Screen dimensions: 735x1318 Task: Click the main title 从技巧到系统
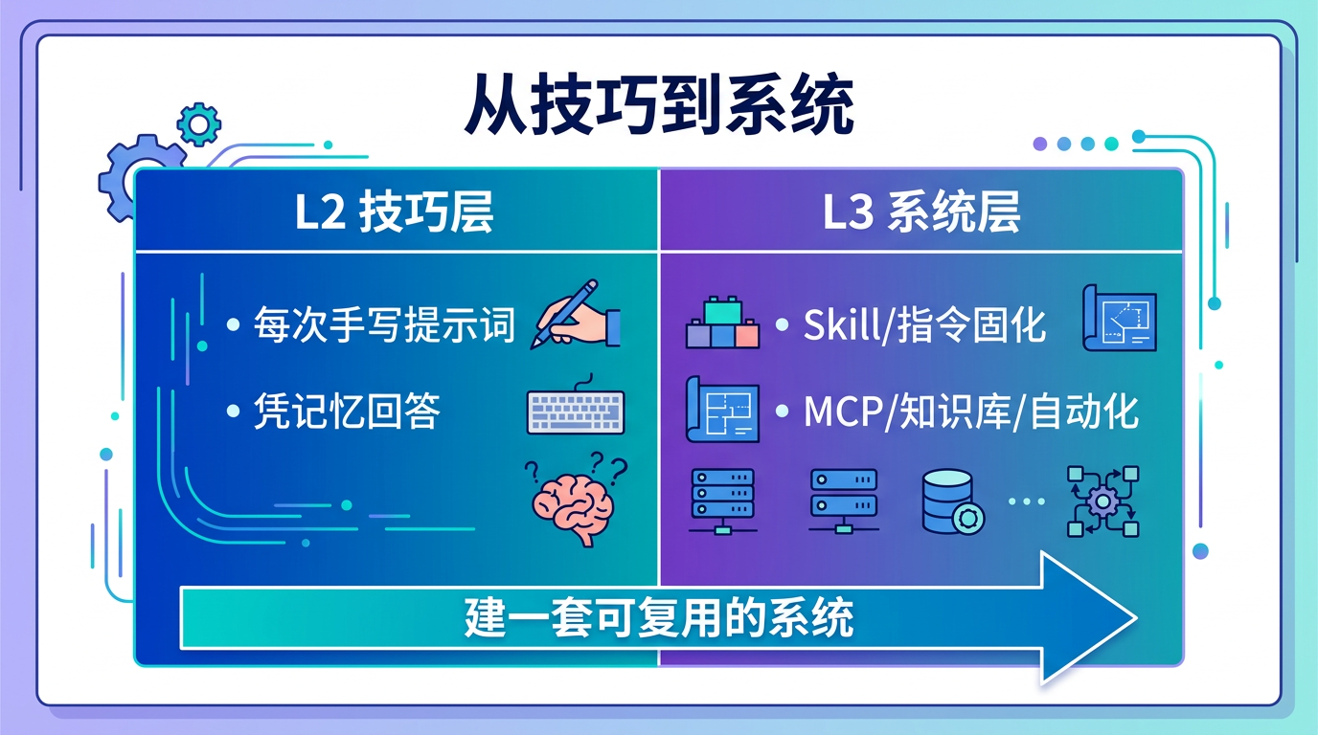(659, 106)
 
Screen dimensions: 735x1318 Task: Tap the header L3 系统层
(921, 213)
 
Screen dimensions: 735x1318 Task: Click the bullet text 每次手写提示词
(384, 326)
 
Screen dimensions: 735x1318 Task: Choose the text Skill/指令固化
(924, 326)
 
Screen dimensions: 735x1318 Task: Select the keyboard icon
(576, 411)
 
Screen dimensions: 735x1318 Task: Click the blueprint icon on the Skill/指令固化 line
(1119, 318)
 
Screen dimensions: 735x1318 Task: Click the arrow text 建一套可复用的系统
(659, 619)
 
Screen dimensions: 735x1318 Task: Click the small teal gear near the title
(199, 124)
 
